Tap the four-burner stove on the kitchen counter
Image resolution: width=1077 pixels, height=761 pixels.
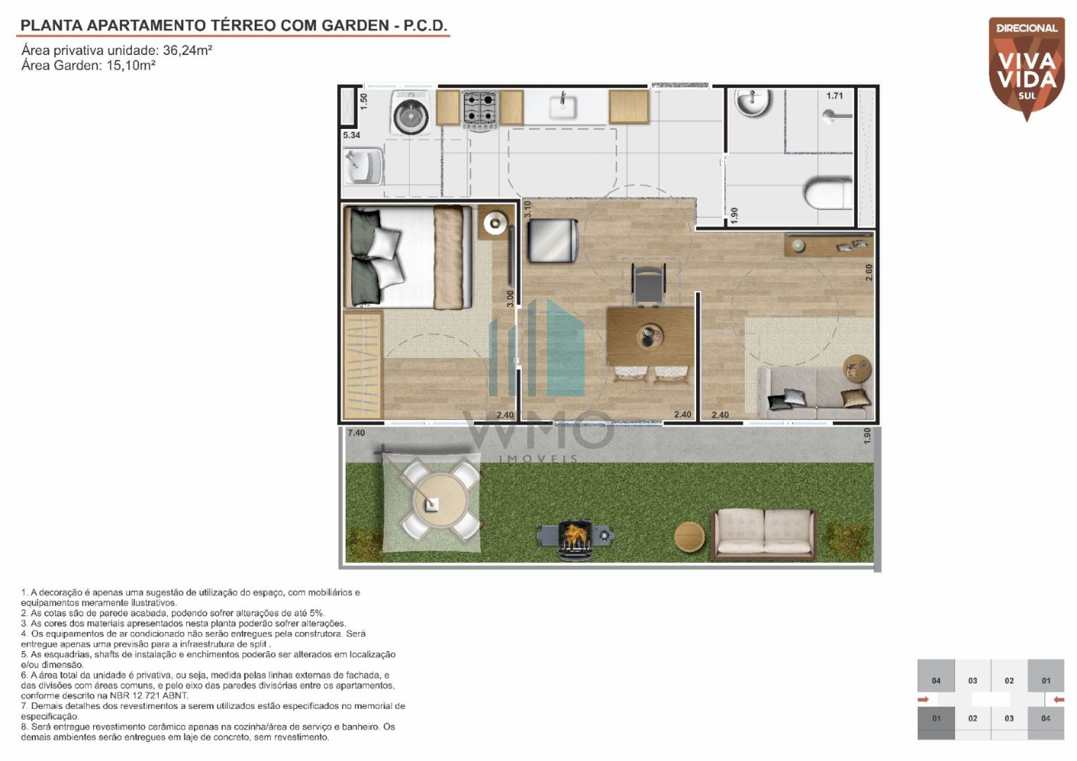481,109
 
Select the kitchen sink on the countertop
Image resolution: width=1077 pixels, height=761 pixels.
563,107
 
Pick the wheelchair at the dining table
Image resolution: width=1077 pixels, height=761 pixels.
649,284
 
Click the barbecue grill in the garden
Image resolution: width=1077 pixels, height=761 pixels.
574,538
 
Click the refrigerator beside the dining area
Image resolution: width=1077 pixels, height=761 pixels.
553,240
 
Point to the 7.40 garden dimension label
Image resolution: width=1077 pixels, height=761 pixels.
356,433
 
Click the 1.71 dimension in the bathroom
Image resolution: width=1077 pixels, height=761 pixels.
834,96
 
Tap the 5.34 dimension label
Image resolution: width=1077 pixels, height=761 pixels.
352,135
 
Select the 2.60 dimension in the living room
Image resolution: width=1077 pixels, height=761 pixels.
869,273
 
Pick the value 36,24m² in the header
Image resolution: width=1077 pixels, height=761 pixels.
187,50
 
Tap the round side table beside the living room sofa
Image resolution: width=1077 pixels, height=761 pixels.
858,368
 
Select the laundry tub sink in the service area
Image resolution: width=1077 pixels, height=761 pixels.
363,167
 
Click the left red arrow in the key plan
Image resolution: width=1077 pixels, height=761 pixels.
923,699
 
